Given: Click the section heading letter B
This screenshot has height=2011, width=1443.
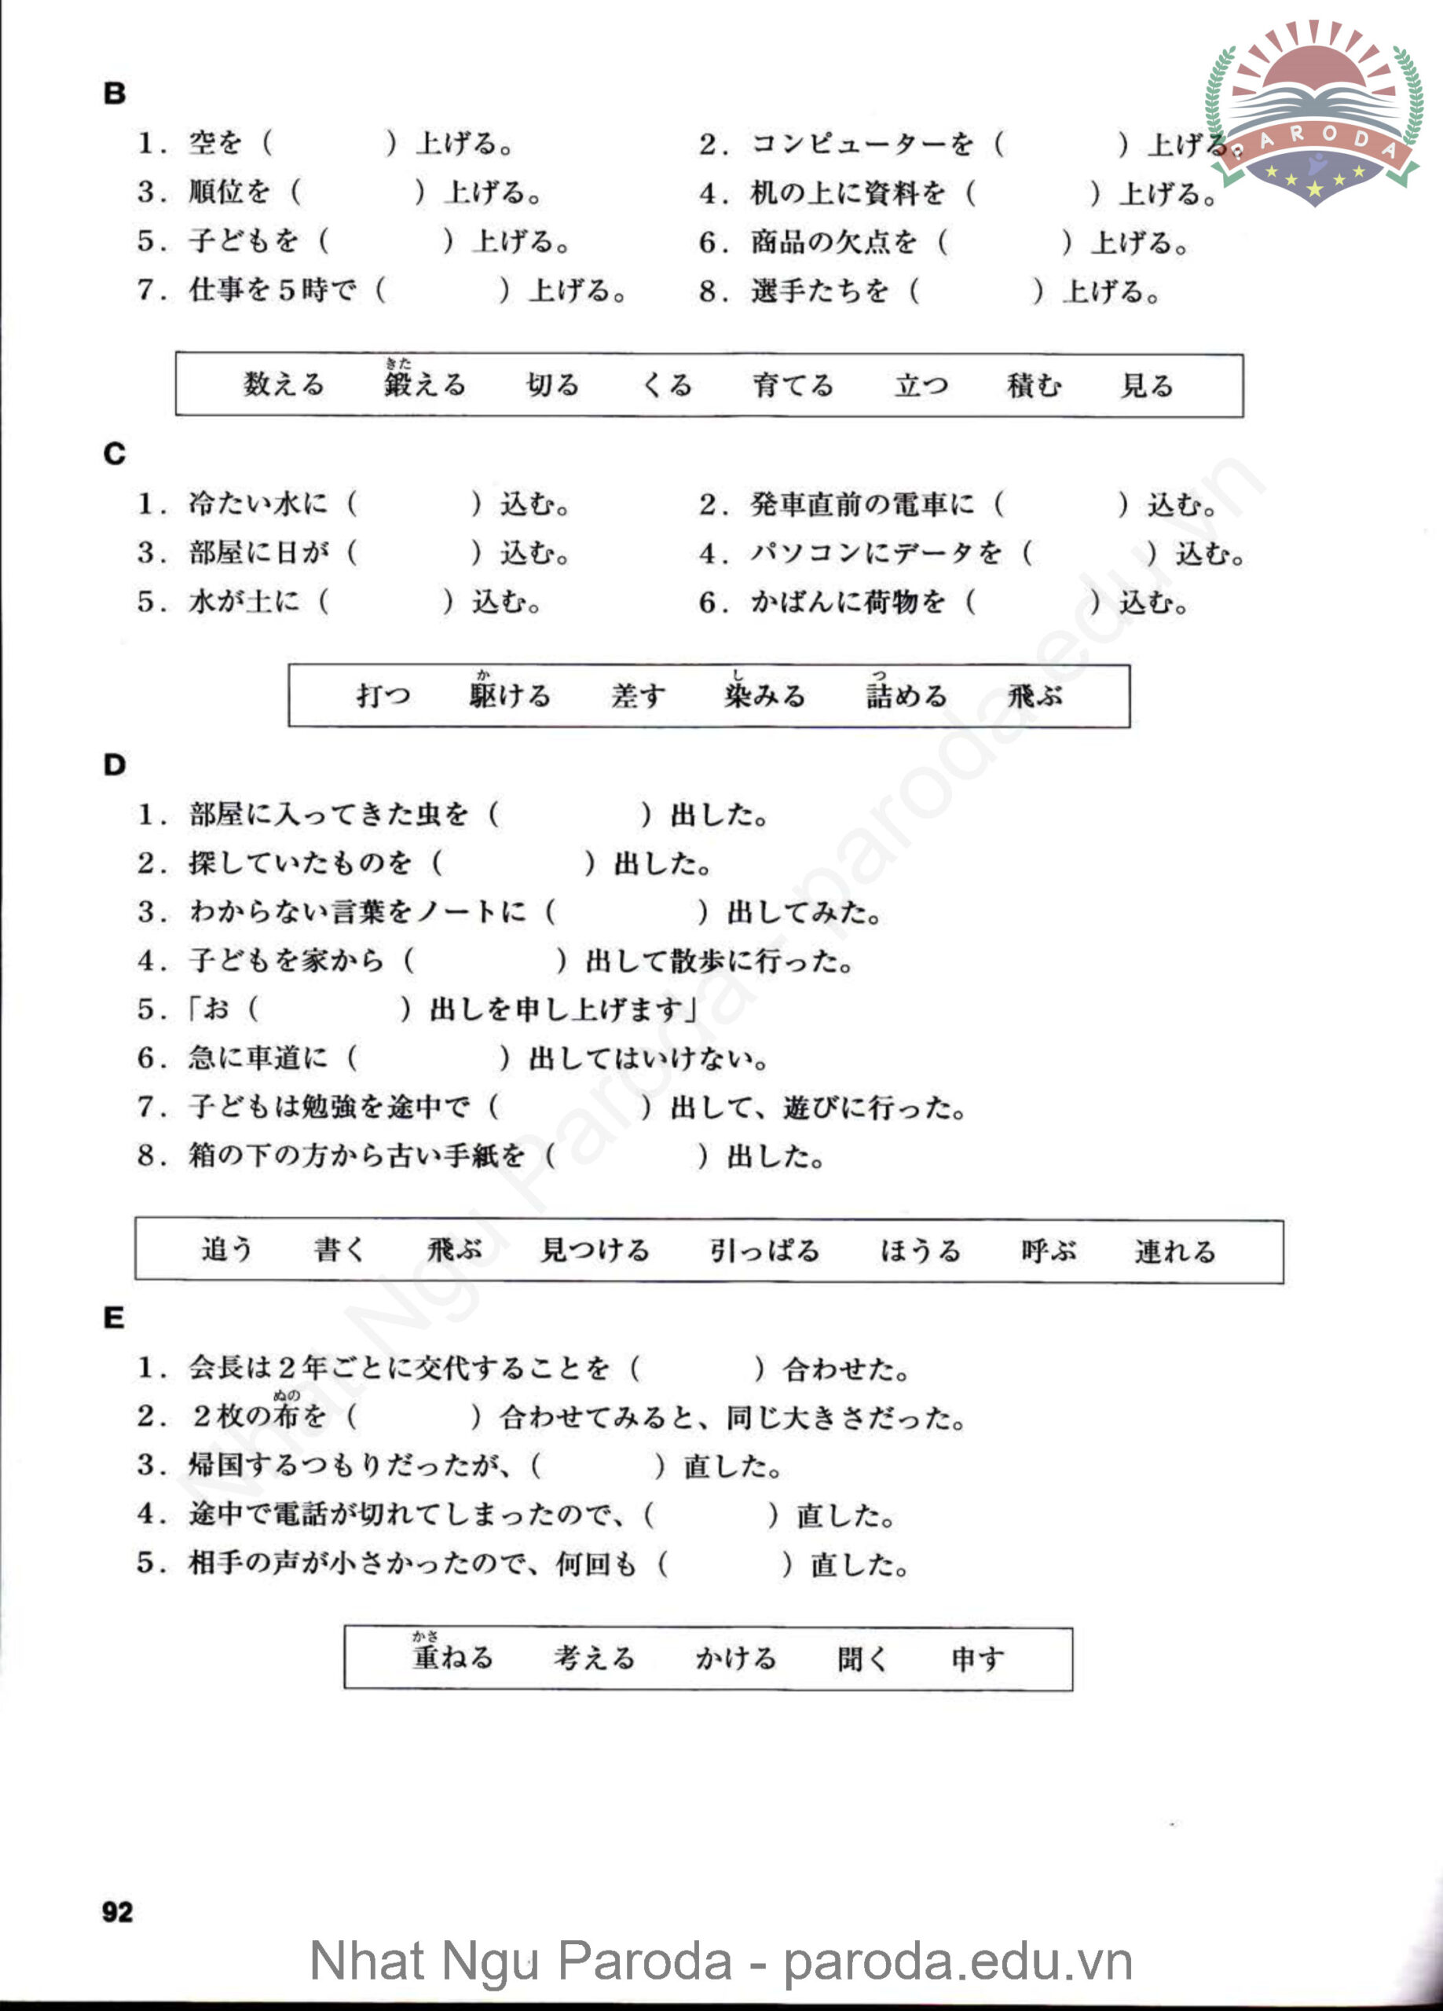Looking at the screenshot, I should (x=115, y=93).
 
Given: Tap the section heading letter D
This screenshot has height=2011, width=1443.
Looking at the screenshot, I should (x=115, y=764).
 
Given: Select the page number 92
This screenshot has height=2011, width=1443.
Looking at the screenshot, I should (x=117, y=1912).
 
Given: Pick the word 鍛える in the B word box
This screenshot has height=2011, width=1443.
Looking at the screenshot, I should (x=424, y=384).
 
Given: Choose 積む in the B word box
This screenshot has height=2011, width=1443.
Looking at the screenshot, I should (x=1033, y=385).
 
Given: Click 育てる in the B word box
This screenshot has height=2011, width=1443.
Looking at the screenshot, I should (x=793, y=385).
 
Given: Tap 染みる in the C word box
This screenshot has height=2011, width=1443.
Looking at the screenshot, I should (x=764, y=695).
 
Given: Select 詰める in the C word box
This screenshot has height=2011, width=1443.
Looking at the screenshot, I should (x=906, y=695).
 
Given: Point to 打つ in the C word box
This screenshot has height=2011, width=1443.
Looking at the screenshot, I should (x=383, y=695).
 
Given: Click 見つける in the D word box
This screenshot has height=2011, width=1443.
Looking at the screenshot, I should (x=595, y=1251).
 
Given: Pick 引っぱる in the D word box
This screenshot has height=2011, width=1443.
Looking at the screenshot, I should (x=764, y=1251).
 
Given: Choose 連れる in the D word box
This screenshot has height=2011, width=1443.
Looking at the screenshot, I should (x=1174, y=1251).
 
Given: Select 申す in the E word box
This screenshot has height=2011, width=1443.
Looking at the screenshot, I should (x=977, y=1658).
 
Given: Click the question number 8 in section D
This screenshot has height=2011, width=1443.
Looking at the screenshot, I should (x=147, y=1156).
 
